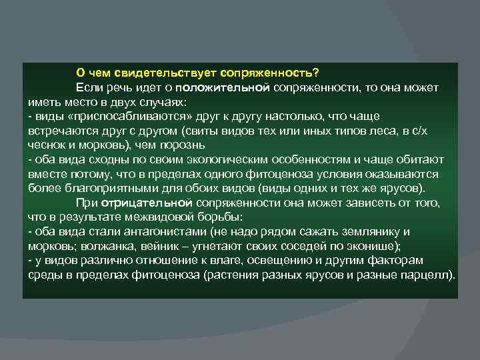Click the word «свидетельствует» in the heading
153,72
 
